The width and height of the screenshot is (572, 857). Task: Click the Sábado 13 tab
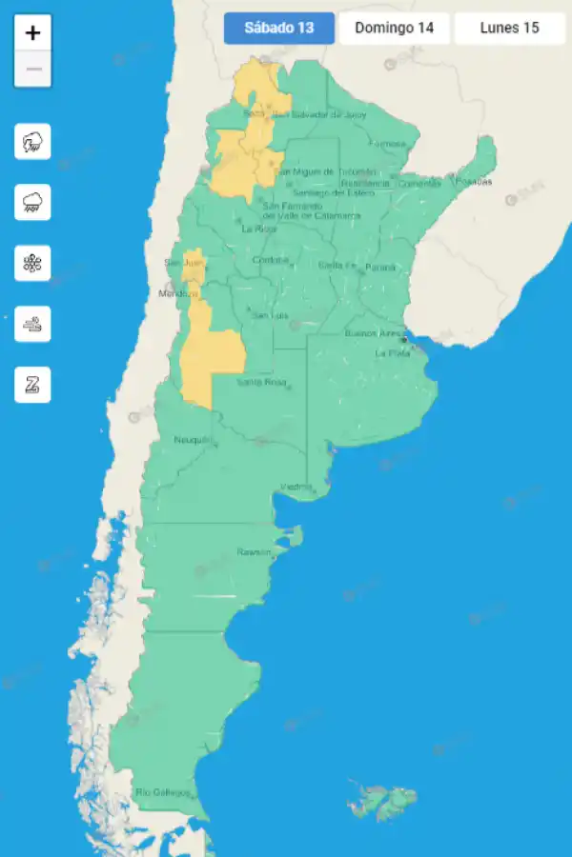279,28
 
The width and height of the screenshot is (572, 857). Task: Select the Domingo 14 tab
394,28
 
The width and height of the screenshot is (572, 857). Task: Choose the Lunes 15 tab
509,28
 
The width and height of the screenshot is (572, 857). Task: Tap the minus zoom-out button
33,69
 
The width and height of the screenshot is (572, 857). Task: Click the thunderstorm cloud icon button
33,143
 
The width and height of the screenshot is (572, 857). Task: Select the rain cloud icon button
33,203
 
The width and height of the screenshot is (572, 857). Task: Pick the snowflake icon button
33,263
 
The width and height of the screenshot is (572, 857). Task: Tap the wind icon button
33,324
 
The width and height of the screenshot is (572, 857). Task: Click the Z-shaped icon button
33,385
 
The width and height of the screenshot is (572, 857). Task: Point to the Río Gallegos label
163,792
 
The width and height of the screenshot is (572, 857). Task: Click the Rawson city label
255,552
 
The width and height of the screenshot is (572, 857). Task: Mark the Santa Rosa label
261,382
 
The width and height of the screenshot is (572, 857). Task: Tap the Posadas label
474,181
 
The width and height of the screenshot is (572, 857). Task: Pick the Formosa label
388,144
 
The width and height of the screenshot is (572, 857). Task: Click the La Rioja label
259,229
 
